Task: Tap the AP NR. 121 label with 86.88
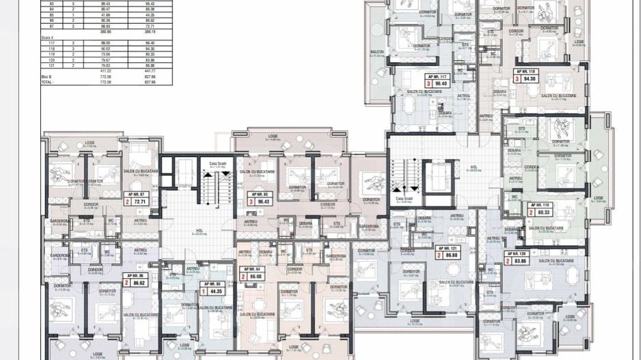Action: click(x=448, y=252)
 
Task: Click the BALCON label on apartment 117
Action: click(x=377, y=53)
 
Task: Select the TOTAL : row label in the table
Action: click(x=49, y=82)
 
